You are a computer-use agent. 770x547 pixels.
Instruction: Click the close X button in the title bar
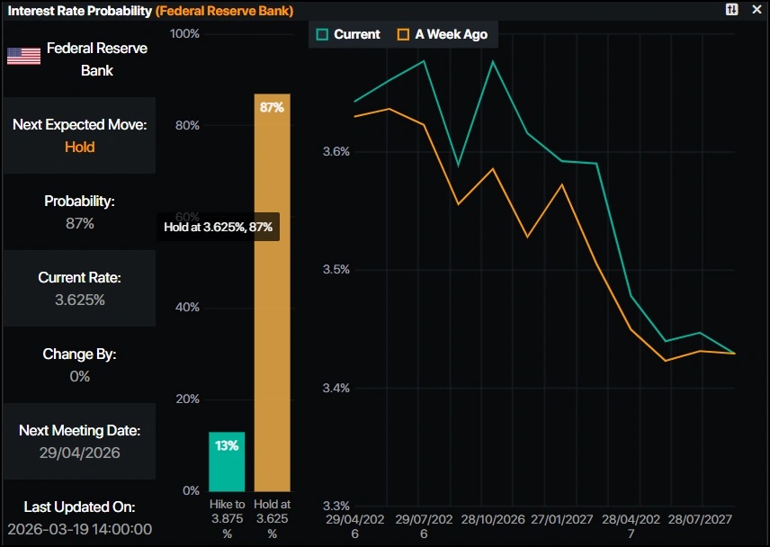[757, 10]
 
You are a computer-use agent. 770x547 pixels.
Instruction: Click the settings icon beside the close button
[732, 10]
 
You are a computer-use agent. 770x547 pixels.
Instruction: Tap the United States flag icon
[24, 56]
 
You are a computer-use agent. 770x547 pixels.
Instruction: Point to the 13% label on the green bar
[227, 446]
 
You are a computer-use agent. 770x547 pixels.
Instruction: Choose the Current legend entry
[348, 34]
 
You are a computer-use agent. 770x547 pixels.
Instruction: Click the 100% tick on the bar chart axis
[184, 34]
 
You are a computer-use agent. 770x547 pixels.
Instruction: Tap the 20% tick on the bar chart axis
[187, 399]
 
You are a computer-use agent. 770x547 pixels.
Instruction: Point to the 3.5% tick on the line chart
[336, 270]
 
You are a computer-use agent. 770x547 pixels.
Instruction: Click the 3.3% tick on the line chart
[336, 506]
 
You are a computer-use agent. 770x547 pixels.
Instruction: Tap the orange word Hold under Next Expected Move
[79, 147]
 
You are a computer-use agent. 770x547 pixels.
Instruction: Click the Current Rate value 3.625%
[79, 300]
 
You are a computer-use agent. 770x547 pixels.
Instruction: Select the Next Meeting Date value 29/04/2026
[79, 453]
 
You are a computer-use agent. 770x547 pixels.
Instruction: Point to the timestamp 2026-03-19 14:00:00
[79, 529]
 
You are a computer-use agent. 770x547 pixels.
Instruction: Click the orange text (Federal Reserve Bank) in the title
[224, 10]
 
